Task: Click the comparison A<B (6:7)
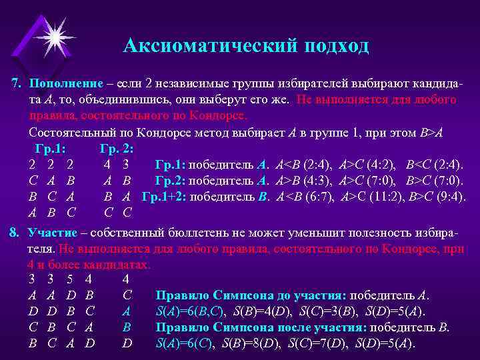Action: point(307,196)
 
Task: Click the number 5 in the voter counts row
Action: point(70,279)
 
